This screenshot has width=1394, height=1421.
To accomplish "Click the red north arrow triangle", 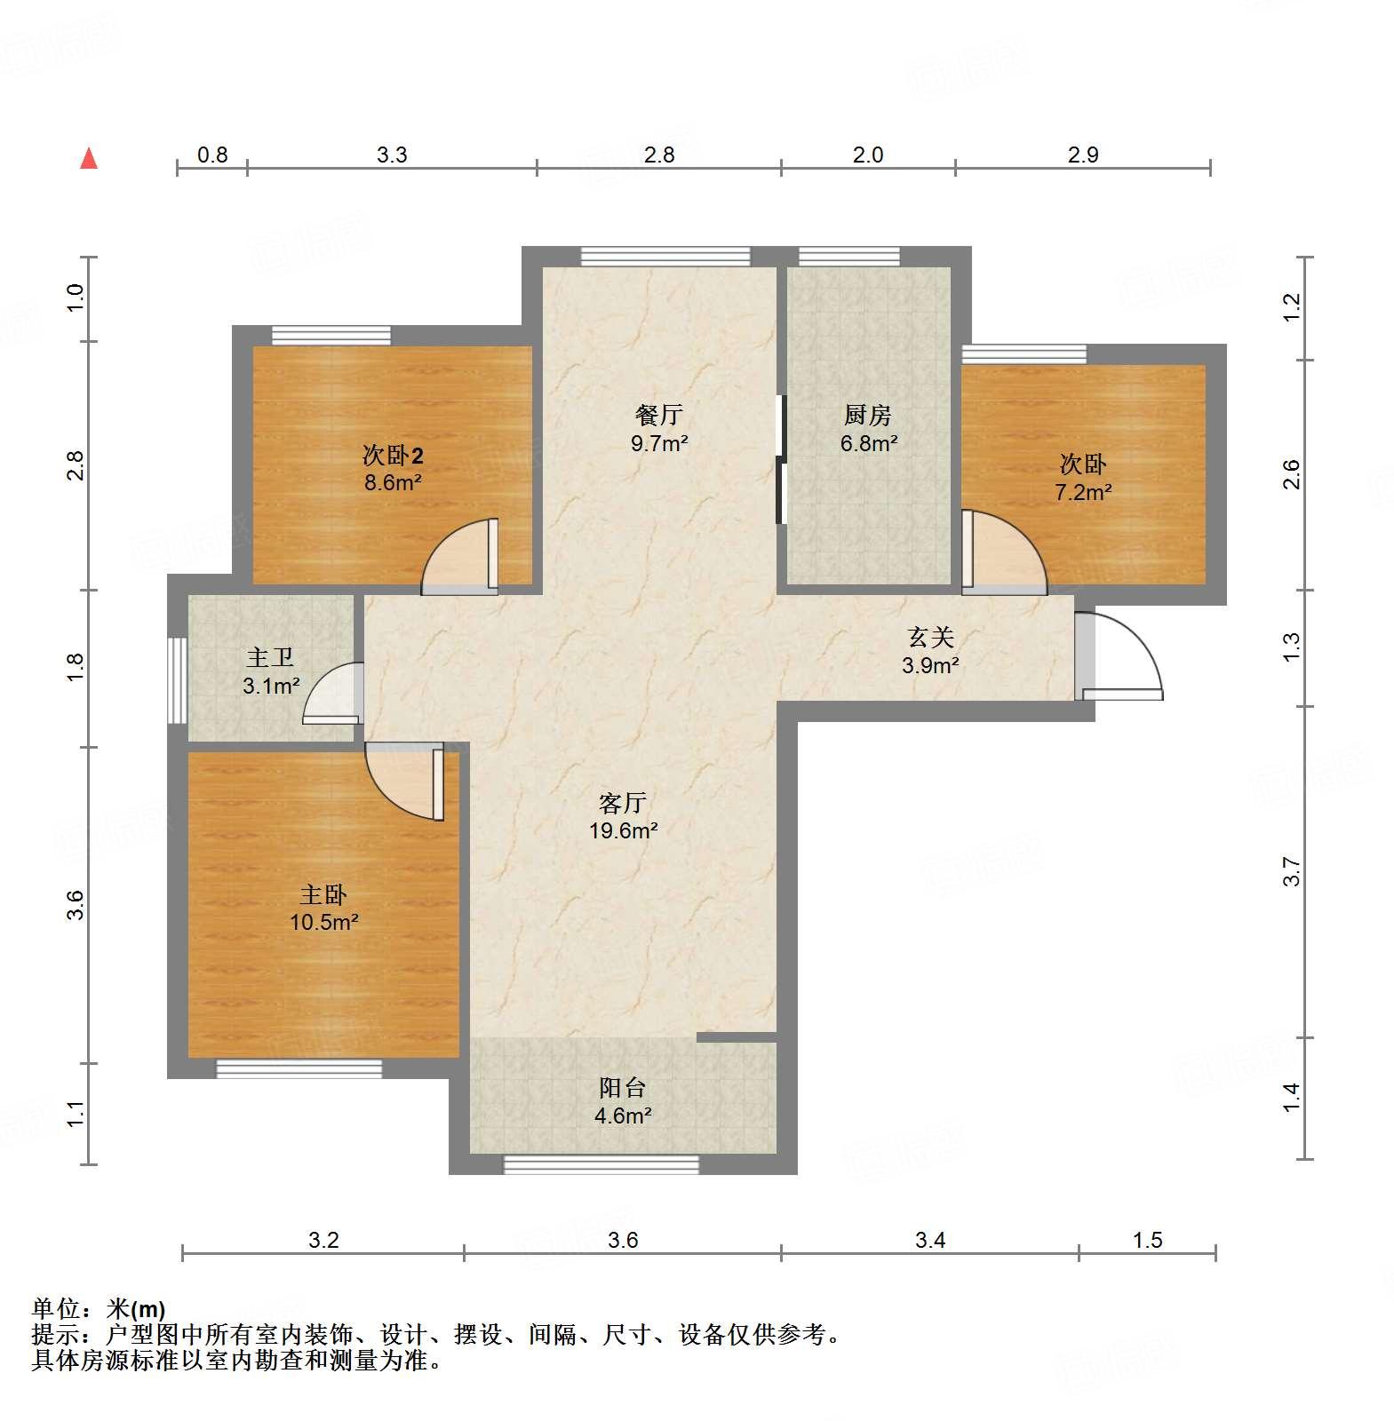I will [89, 158].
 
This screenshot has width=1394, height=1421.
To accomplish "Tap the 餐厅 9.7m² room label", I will [659, 428].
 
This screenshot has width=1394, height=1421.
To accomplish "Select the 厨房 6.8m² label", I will [868, 428].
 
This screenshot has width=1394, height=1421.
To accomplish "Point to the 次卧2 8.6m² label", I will [393, 468].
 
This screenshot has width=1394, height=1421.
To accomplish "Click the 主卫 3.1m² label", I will [270, 671].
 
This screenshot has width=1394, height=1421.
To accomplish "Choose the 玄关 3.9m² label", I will [930, 650].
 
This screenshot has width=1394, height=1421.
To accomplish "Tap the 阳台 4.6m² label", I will [622, 1101].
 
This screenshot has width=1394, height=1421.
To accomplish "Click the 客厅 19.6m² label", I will [623, 816].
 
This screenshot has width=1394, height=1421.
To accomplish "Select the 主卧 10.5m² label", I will [323, 908].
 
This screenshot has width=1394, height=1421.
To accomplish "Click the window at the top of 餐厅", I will [665, 257].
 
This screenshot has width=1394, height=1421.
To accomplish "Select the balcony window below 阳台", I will [601, 1163].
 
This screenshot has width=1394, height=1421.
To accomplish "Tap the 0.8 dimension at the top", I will [212, 155].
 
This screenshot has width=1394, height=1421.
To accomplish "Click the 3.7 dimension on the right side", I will [1291, 872].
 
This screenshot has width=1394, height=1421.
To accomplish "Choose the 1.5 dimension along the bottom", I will [1147, 1240].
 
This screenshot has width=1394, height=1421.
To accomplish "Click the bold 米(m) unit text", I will [136, 1309].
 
